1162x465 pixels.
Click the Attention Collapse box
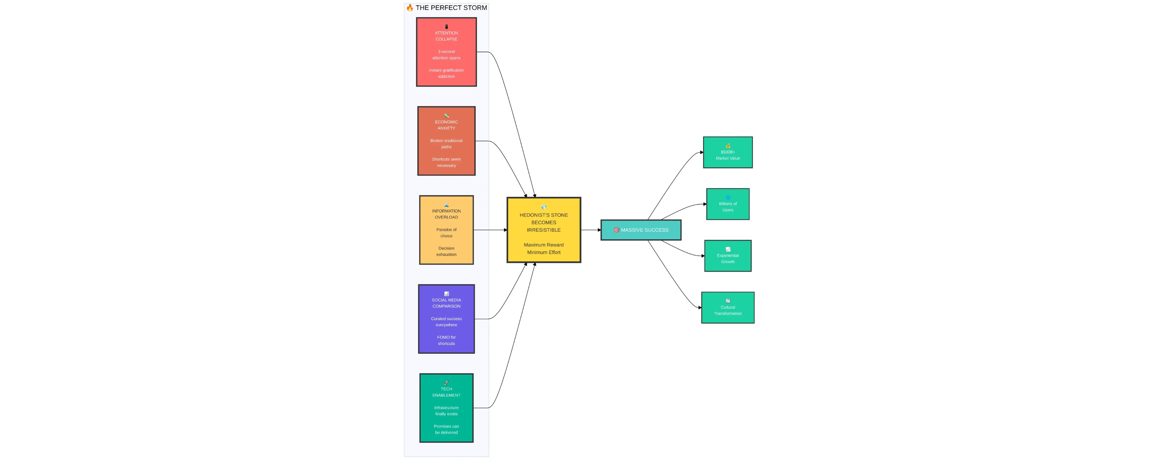446,52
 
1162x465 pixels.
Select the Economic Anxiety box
446,141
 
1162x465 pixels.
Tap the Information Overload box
446,230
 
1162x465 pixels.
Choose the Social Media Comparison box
446,319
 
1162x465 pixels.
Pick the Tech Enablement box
446,408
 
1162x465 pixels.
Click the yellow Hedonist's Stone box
544,230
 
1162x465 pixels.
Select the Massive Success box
641,230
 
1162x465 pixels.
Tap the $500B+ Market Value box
728,152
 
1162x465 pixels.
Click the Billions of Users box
728,204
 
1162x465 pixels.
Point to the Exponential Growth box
728,255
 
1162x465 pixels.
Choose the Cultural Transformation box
728,307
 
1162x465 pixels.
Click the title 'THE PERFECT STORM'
451,8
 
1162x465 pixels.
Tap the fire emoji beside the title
410,8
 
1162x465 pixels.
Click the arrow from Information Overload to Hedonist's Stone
490,230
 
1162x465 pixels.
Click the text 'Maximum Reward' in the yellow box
544,245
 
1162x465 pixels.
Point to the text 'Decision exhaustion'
446,251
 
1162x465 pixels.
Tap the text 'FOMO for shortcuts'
446,340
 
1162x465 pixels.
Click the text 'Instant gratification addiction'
446,73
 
